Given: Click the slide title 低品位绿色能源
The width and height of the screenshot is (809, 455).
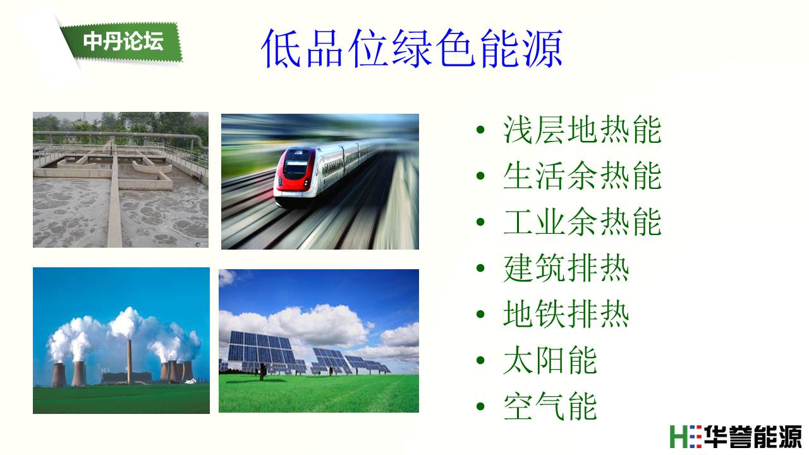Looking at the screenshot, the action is [411, 49].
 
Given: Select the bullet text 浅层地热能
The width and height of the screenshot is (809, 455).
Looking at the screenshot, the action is [582, 130].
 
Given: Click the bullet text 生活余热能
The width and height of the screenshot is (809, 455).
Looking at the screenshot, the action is [582, 176].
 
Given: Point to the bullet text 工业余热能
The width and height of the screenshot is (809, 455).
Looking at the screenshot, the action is [582, 222].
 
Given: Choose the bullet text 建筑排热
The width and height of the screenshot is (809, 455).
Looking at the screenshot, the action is [566, 268].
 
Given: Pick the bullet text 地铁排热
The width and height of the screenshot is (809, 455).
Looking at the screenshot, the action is [566, 314].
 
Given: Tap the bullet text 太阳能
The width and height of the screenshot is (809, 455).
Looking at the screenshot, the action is [550, 360].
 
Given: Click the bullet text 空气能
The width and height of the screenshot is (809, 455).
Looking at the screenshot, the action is [550, 406].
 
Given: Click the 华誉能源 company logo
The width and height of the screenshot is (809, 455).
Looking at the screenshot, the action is [735, 437].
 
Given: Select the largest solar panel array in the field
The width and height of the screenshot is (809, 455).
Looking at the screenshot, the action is [261, 348].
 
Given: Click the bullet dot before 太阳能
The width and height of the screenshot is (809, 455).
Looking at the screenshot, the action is [480, 360].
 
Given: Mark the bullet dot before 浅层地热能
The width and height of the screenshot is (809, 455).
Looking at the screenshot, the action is [480, 130].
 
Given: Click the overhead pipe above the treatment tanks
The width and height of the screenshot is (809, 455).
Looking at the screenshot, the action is [119, 135].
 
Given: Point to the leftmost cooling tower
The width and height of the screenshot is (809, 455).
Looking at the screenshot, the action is [59, 375].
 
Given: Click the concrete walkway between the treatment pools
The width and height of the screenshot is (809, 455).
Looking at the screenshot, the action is [114, 202].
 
